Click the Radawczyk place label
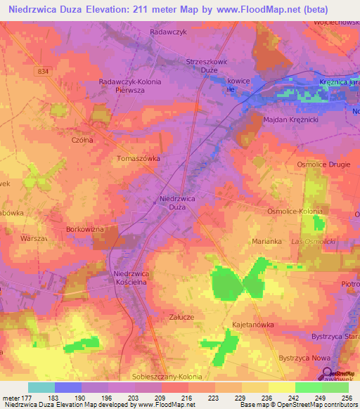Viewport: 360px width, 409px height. click(x=167, y=32)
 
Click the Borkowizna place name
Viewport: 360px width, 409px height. click(x=85, y=229)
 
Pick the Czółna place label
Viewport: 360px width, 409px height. click(x=82, y=140)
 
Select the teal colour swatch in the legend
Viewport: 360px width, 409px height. click(x=41, y=387)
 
